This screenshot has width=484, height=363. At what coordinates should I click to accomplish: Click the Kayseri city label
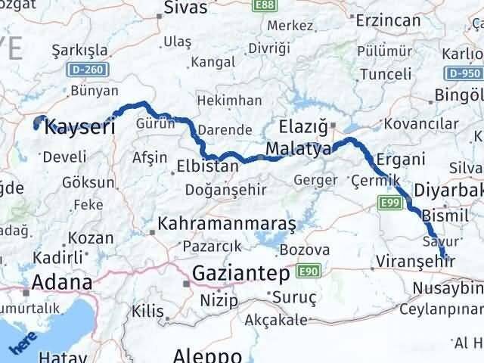coord(80,126)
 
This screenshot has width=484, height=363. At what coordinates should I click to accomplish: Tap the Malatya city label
coord(299,148)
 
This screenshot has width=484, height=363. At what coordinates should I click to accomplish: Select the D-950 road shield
coord(463,74)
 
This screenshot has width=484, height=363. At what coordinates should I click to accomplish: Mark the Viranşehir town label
coord(413,262)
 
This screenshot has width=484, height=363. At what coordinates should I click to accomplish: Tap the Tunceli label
coord(386,74)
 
